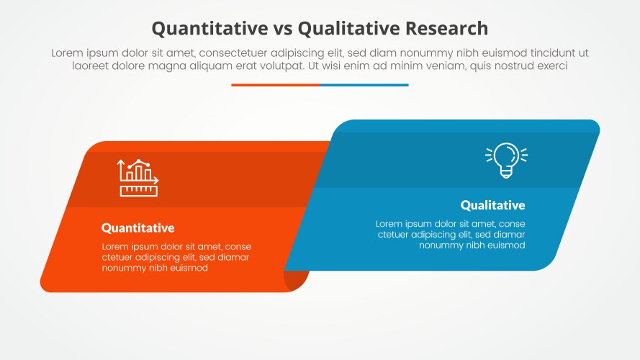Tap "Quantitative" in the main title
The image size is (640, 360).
[x=207, y=28]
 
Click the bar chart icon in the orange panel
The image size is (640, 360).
[x=138, y=178]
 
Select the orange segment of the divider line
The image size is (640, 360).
[x=275, y=85]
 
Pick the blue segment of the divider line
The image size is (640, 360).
[x=364, y=85]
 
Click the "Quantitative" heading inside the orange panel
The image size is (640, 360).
[x=138, y=228]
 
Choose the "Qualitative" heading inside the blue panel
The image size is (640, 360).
[x=492, y=205]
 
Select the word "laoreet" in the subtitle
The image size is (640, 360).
[x=90, y=66]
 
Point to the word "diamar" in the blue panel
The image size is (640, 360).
[x=509, y=235]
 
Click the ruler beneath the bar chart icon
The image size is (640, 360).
[x=139, y=191]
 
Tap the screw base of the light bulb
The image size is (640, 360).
[x=506, y=172]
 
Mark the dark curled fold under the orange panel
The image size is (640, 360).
[x=297, y=277]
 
